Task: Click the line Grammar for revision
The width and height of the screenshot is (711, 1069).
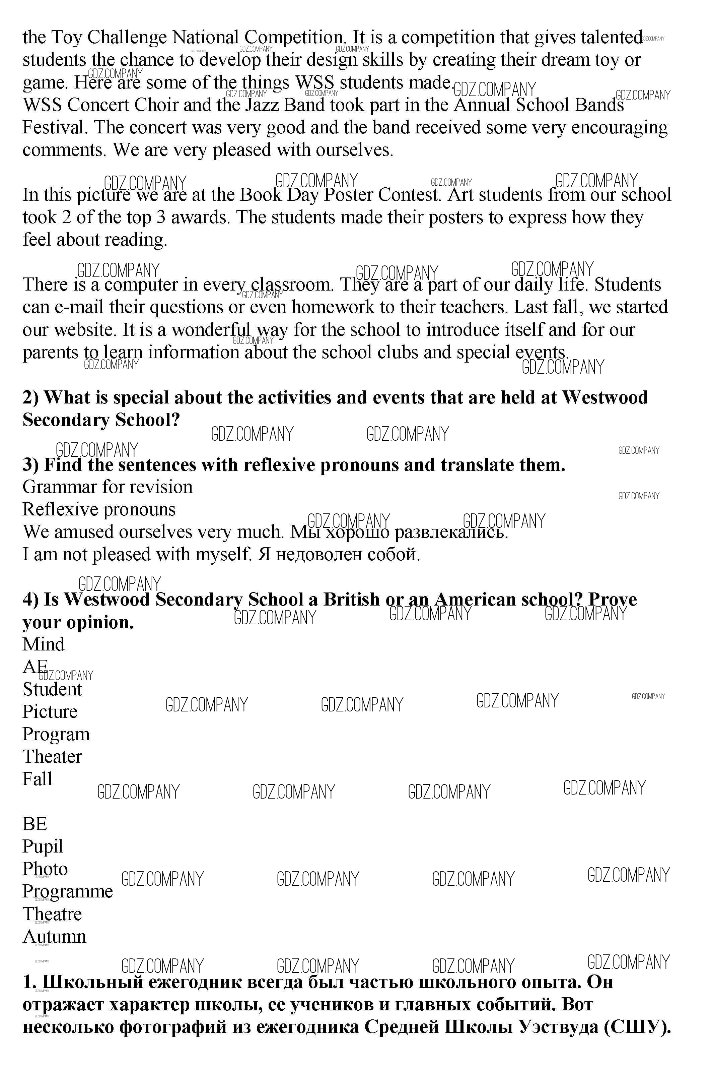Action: coord(108,487)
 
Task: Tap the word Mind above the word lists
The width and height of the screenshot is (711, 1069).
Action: coord(44,644)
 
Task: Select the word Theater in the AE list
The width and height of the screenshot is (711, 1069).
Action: coord(52,756)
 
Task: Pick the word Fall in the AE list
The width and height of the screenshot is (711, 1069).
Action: coord(38,779)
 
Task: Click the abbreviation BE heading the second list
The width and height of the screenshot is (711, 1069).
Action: coord(35,824)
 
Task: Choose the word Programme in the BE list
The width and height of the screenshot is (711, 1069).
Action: coord(68,892)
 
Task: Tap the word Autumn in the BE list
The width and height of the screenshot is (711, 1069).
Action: coord(54,937)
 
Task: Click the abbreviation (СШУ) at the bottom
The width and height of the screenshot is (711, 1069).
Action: coord(637,1027)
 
